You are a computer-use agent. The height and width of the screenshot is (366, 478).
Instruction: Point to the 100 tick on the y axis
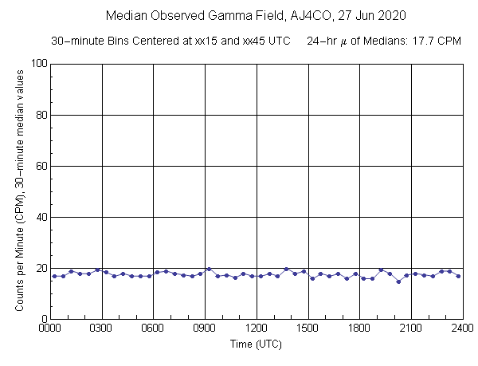click(x=37, y=64)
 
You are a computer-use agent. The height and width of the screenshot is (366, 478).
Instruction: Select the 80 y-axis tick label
click(x=40, y=115)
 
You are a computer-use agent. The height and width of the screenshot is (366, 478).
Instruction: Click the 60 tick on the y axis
click(x=40, y=166)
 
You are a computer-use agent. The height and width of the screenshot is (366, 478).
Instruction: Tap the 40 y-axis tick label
click(x=40, y=217)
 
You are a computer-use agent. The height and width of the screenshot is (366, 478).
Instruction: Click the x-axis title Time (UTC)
click(x=257, y=344)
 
